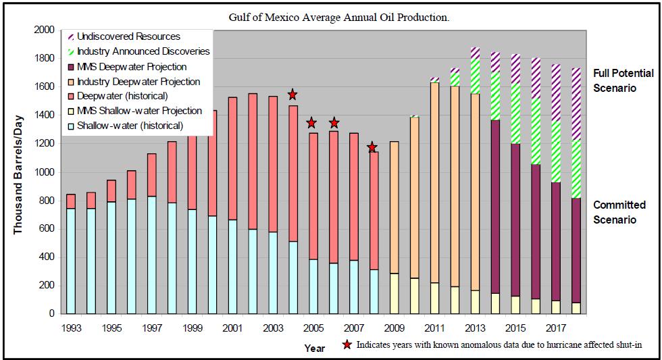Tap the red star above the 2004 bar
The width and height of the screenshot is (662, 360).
pyautogui.click(x=292, y=95)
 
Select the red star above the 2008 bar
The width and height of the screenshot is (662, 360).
pyautogui.click(x=372, y=147)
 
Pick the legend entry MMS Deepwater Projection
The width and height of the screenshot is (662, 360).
pyautogui.click(x=132, y=66)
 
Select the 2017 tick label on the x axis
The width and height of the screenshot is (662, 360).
pyautogui.click(x=557, y=328)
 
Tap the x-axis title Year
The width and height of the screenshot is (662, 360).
pyautogui.click(x=314, y=349)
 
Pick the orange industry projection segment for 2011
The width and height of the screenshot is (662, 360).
pyautogui.click(x=434, y=182)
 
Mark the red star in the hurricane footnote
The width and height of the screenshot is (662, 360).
pyautogui.click(x=347, y=345)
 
